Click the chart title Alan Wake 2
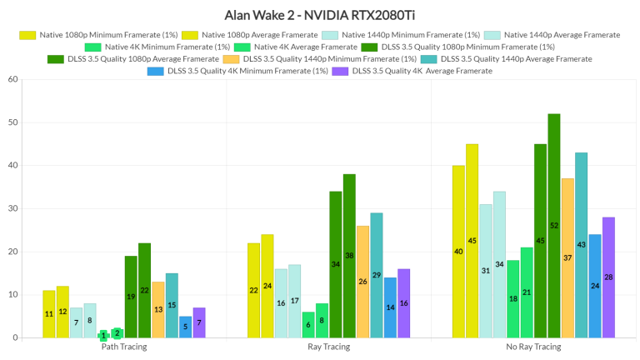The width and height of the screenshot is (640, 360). (320, 15)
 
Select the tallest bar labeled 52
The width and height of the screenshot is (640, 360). (554, 226)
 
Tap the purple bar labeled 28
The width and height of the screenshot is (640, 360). (608, 277)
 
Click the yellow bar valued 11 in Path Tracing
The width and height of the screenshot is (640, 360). (49, 314)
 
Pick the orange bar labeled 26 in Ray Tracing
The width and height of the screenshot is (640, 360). (363, 282)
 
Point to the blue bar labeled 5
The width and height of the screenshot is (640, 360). (185, 327)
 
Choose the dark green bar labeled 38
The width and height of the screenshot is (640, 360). (349, 256)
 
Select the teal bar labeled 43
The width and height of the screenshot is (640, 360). (581, 245)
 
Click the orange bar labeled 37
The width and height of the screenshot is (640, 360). (567, 258)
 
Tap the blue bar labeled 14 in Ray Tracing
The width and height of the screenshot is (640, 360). (390, 307)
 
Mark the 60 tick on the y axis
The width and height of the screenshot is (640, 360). (12, 79)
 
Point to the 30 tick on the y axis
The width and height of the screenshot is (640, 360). (12, 208)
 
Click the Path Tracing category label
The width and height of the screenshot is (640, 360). (123, 347)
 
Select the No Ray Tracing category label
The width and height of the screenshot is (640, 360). (533, 347)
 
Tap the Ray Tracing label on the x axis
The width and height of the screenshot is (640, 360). (328, 347)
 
